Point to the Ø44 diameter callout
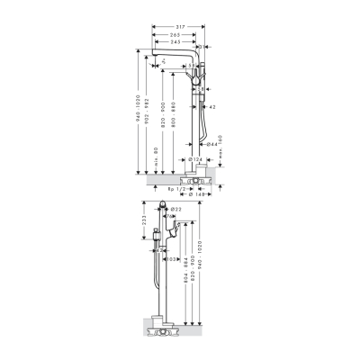[211, 143]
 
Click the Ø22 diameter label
[177, 210]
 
